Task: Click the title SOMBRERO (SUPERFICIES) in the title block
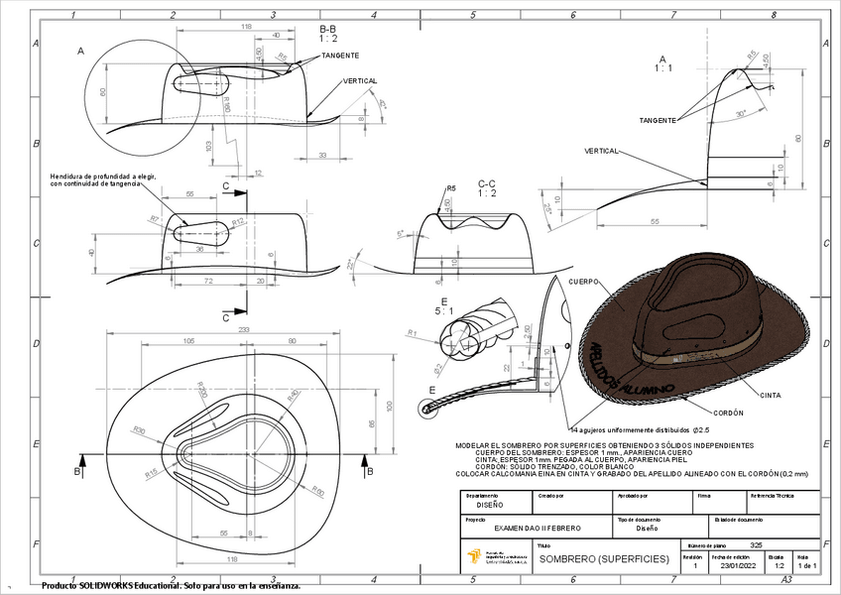589,559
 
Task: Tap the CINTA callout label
770,396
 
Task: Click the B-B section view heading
327,34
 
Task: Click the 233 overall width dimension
244,329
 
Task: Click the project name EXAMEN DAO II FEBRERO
537,529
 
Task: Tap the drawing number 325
757,545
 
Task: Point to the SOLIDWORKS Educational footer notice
171,586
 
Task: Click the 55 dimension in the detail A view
656,222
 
